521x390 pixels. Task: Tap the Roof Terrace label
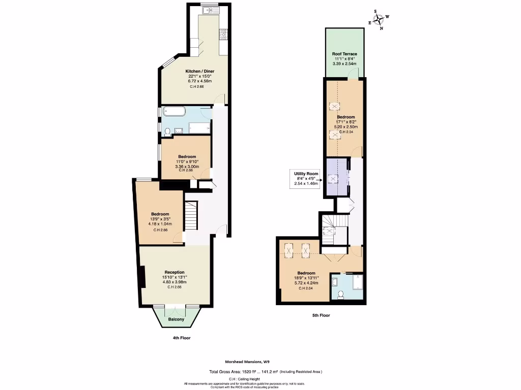tap(344, 54)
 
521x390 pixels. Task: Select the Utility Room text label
tap(306, 174)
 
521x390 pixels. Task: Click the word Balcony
tap(176, 319)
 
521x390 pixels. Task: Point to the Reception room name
tap(175, 272)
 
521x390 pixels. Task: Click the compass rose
tap(379, 19)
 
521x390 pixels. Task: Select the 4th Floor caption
tap(181, 338)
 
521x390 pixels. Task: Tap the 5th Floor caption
tap(321, 315)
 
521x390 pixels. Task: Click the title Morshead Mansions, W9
tap(247, 362)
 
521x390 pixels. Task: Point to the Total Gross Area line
tap(266, 372)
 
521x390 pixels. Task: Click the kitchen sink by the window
tap(209, 10)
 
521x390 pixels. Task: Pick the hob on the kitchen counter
tap(222, 34)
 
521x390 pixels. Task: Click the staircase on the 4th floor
tap(190, 215)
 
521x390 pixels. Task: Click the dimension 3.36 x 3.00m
tap(185, 166)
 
